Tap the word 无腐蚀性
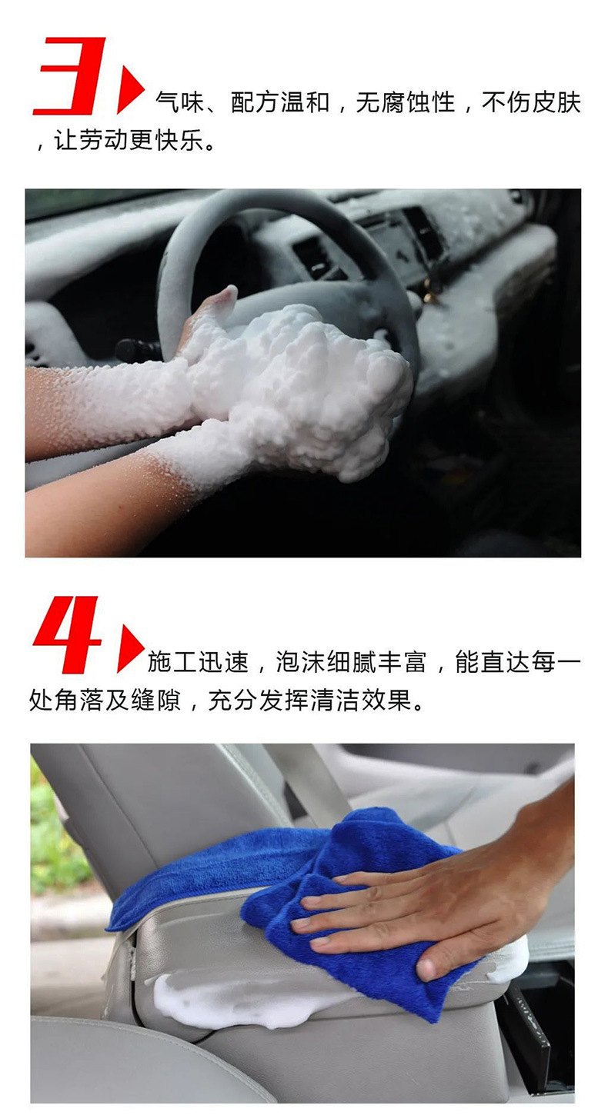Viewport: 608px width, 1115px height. (x=405, y=102)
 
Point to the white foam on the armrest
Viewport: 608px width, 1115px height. (x=231, y=1000)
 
